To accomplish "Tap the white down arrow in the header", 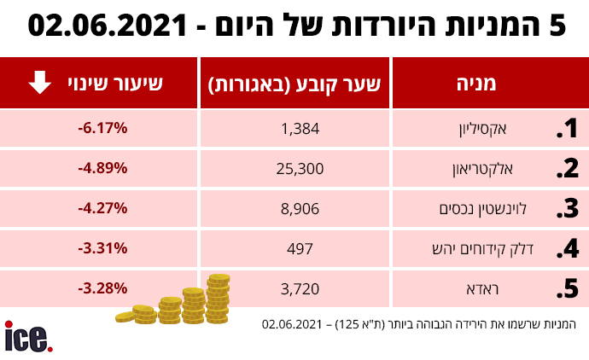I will (x=39, y=83).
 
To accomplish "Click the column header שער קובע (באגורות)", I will (x=294, y=84).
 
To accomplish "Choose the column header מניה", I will (x=484, y=84).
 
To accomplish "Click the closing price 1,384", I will (x=299, y=129).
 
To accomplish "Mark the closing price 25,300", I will (x=299, y=169).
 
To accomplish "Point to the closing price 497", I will (x=299, y=249).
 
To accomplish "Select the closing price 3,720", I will (x=299, y=289).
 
